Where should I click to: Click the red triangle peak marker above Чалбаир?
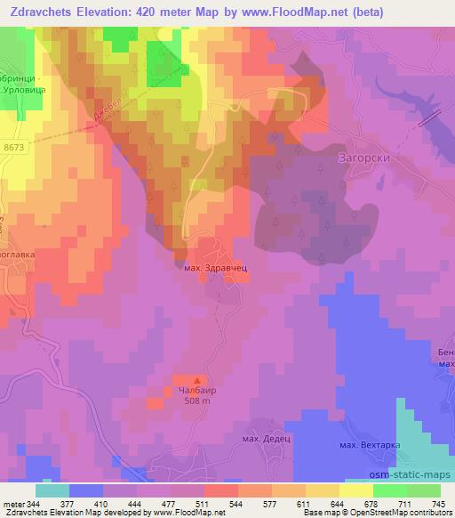[x=197, y=378]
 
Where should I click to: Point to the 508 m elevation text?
[x=198, y=401]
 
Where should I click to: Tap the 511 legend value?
[x=206, y=504]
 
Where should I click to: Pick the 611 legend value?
[x=306, y=504]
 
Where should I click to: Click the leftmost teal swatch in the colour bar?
[x=52, y=490]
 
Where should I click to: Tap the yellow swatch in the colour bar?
[x=356, y=490]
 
